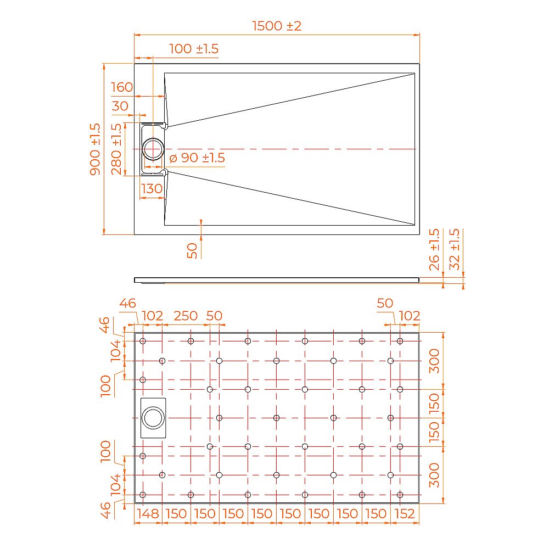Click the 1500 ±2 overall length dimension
(277, 26)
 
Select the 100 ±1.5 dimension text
(193, 49)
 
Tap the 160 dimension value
(122, 87)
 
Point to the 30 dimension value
(120, 107)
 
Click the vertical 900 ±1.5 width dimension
(95, 149)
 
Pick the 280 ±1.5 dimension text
(116, 149)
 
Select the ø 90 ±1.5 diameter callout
(197, 158)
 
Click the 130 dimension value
(152, 189)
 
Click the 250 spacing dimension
(186, 316)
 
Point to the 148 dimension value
(148, 514)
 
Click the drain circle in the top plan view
(153, 149)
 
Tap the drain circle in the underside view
(153, 418)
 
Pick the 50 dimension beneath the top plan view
(192, 250)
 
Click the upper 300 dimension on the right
(434, 361)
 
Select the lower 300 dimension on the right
(434, 475)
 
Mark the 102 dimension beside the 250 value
(153, 316)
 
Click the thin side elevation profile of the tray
(277, 279)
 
